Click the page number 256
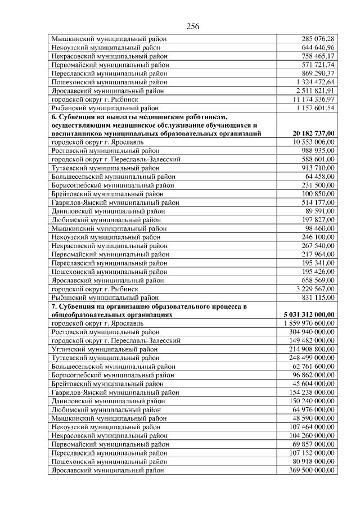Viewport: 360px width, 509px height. (193, 26)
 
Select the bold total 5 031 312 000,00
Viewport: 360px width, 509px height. (309, 314)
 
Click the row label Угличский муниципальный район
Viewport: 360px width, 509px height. (105, 349)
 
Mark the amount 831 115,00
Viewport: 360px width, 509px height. (318, 297)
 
